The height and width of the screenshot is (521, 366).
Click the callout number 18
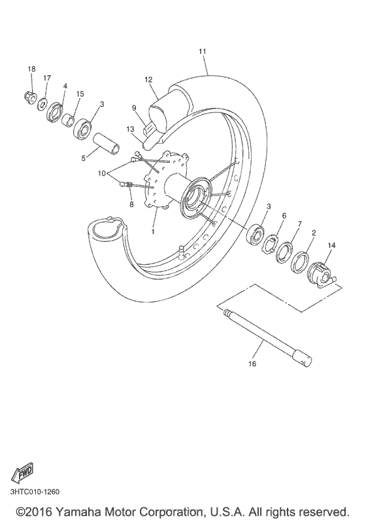[x=31, y=69]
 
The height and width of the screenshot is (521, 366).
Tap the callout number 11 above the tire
[x=203, y=52]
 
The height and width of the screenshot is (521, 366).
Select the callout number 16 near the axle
[x=252, y=364]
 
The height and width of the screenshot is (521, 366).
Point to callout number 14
[x=331, y=245]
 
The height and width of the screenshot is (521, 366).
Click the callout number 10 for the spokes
[x=101, y=173]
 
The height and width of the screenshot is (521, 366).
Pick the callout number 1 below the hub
[x=153, y=231]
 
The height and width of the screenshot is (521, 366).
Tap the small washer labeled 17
[x=42, y=104]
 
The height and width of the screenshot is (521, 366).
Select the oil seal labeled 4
[x=54, y=113]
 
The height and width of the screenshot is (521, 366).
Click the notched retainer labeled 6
[x=270, y=244]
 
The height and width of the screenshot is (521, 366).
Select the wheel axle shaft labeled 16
[x=268, y=337]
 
